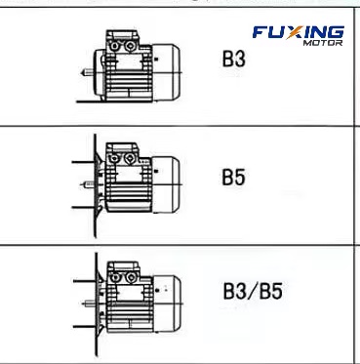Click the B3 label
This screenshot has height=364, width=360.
[233, 61]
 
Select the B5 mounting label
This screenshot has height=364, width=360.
[232, 179]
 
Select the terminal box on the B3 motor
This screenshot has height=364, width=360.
[122, 43]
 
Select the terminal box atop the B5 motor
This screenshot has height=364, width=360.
[122, 155]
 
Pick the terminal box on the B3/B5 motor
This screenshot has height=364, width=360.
[123, 267]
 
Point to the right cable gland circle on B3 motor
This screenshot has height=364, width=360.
[129, 44]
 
